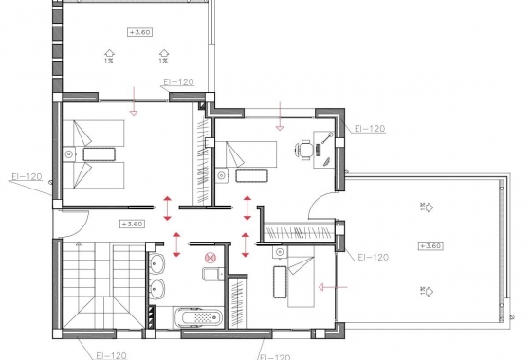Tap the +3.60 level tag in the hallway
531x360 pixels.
132,225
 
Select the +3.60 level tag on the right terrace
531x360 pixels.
429,246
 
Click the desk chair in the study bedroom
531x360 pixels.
305,149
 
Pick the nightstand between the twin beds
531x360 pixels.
70,153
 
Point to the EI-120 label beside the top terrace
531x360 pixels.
178,82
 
